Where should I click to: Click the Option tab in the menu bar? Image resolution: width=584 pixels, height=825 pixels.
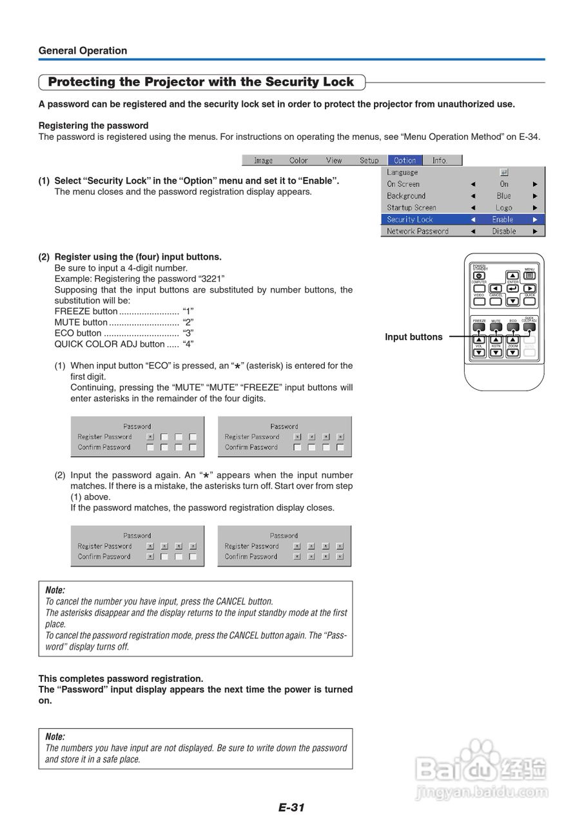[x=405, y=160]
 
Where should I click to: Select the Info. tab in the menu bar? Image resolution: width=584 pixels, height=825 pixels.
[x=440, y=160]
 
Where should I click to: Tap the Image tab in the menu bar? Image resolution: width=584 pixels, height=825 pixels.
[x=263, y=160]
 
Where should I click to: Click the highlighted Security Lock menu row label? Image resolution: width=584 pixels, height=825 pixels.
[x=410, y=220]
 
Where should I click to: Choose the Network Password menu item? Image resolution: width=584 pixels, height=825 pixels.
[x=418, y=231]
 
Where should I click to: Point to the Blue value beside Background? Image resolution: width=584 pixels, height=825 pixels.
[x=503, y=196]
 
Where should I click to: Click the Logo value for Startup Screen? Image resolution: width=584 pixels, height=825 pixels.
[x=503, y=208]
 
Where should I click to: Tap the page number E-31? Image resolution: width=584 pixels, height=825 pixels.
[x=291, y=807]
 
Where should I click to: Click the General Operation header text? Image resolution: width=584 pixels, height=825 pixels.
[x=83, y=51]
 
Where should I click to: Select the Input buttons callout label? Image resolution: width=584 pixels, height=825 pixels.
[x=414, y=337]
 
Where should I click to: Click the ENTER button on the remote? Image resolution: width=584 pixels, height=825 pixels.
[x=512, y=288]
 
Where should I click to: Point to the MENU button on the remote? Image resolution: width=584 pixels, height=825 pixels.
[x=529, y=275]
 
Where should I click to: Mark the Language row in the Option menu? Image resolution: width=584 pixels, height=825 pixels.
[x=402, y=173]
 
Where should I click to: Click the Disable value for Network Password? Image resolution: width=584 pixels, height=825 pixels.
[x=503, y=231]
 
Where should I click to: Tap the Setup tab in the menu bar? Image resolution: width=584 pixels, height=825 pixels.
[x=369, y=160]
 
